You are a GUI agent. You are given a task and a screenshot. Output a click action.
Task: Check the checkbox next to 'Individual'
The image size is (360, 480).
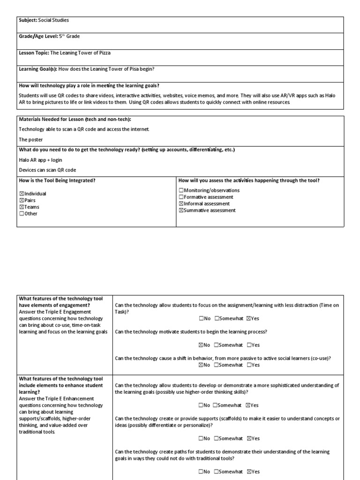[21, 194]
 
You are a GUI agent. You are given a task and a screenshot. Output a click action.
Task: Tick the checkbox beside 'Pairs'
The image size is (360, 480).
[21, 200]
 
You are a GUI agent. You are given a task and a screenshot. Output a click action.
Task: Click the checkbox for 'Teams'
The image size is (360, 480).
[21, 207]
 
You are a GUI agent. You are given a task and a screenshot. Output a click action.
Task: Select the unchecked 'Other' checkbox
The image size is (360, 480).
[21, 214]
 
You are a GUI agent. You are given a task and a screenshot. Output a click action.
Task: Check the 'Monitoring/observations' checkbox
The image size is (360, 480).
[181, 190]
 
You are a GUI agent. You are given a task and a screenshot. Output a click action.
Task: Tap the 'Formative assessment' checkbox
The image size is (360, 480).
[181, 197]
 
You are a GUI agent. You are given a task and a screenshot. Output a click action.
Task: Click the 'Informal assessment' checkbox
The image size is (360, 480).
[181, 204]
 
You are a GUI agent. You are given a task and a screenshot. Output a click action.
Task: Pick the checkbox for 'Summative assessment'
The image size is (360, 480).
[181, 210]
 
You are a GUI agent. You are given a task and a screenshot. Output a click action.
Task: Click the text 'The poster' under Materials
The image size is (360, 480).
[30, 139]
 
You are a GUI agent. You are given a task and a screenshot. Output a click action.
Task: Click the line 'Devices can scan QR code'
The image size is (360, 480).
[47, 170]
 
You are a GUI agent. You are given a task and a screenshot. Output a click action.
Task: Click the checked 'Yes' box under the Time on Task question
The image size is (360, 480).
[248, 319]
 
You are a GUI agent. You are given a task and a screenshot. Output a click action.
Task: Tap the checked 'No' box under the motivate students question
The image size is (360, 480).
[201, 345]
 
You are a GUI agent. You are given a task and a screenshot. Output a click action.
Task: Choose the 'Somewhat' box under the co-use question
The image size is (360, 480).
[216, 365]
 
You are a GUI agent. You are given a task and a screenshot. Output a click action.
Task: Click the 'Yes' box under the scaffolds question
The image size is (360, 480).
[248, 439]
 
